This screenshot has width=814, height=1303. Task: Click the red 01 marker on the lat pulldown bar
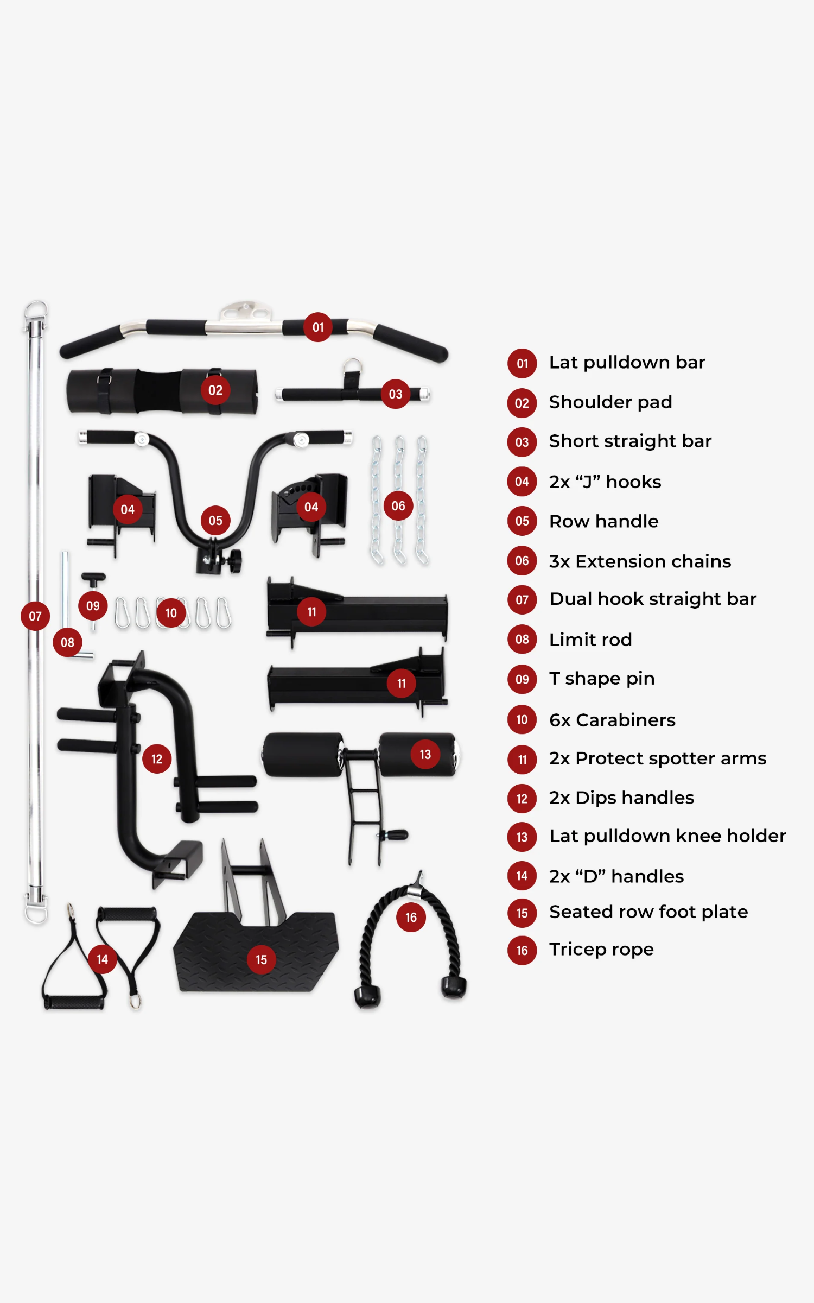click(x=318, y=327)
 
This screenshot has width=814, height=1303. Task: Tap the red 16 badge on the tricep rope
click(x=411, y=918)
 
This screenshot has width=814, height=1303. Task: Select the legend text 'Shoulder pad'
click(x=610, y=402)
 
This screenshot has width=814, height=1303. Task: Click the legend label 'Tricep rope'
click(x=601, y=950)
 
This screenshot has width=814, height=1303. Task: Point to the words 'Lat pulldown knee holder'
click(x=667, y=836)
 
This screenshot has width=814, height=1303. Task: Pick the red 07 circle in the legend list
click(x=522, y=600)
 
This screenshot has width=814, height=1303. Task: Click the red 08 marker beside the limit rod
click(x=67, y=643)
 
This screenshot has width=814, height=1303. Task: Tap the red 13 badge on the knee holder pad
click(x=425, y=755)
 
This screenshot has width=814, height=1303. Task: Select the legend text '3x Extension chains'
click(x=640, y=561)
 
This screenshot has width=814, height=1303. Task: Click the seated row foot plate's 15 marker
click(x=261, y=960)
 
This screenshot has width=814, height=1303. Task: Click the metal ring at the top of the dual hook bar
click(x=36, y=310)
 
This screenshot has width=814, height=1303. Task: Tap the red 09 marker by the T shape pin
click(x=93, y=606)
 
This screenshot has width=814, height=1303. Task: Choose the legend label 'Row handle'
click(x=603, y=522)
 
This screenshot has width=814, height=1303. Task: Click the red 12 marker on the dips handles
click(x=157, y=759)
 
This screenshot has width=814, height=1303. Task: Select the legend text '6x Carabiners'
click(x=612, y=720)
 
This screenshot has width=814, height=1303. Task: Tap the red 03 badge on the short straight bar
click(x=396, y=394)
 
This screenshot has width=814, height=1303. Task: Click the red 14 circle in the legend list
click(x=522, y=876)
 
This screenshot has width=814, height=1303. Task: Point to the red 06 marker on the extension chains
click(x=398, y=506)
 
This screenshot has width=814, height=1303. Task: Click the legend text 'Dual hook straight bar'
click(x=653, y=599)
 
